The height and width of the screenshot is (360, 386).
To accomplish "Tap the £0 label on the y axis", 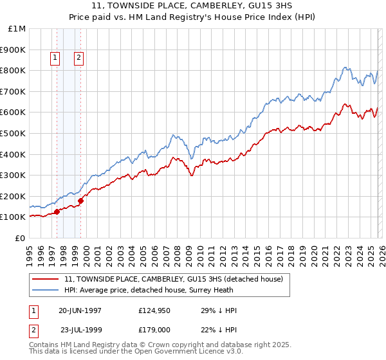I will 19,238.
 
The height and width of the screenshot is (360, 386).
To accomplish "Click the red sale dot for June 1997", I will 57,211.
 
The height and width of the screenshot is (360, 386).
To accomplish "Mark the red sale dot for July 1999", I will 81,200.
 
